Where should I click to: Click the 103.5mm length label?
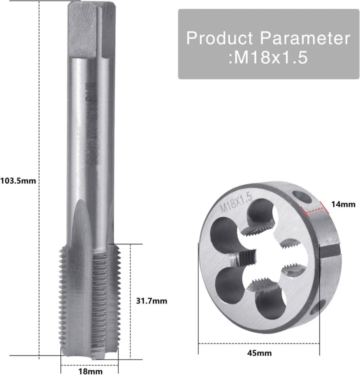(x=18, y=180)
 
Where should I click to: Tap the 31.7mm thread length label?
(x=151, y=301)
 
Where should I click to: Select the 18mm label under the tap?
(x=91, y=371)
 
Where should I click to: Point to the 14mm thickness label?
(x=343, y=204)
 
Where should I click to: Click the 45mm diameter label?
(x=259, y=353)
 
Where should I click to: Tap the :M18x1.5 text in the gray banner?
(x=267, y=58)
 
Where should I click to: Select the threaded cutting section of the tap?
(x=88, y=300)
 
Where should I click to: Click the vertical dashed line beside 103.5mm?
(x=39, y=180)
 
